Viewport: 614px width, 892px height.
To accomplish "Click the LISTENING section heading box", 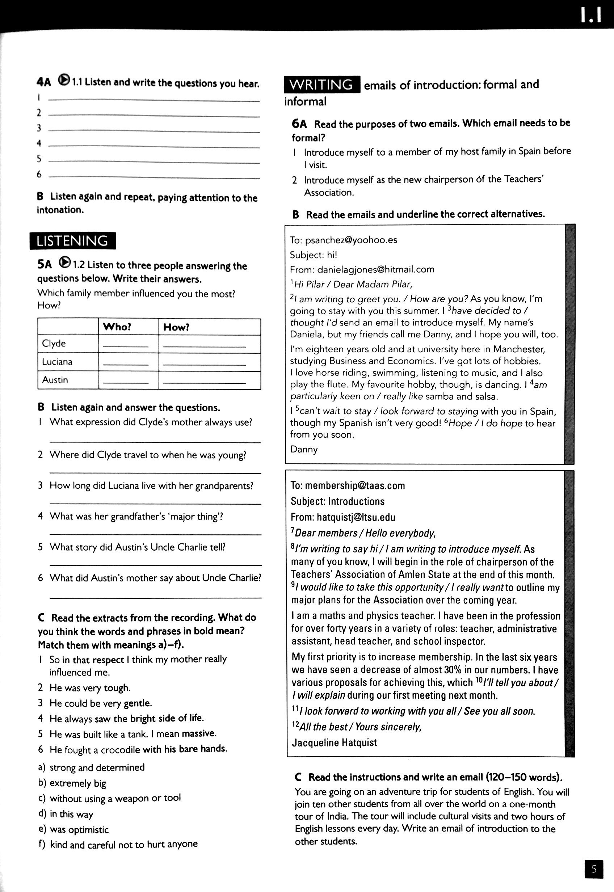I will (72, 241).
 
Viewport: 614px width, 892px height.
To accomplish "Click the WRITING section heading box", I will (321, 84).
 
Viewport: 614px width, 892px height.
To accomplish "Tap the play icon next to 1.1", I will (64, 80).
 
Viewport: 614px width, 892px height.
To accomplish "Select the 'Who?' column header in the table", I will (117, 327).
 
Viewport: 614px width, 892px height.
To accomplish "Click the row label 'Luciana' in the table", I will (57, 362).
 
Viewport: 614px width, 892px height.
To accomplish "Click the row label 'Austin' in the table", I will (55, 380).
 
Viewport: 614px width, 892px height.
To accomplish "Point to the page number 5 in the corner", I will (594, 869).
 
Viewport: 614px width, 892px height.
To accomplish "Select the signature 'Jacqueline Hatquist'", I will (334, 742).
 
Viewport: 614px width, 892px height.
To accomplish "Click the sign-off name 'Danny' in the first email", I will (303, 449).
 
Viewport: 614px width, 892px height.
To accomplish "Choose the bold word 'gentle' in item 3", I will (137, 703).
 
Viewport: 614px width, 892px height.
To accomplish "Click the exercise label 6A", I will (299, 124).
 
